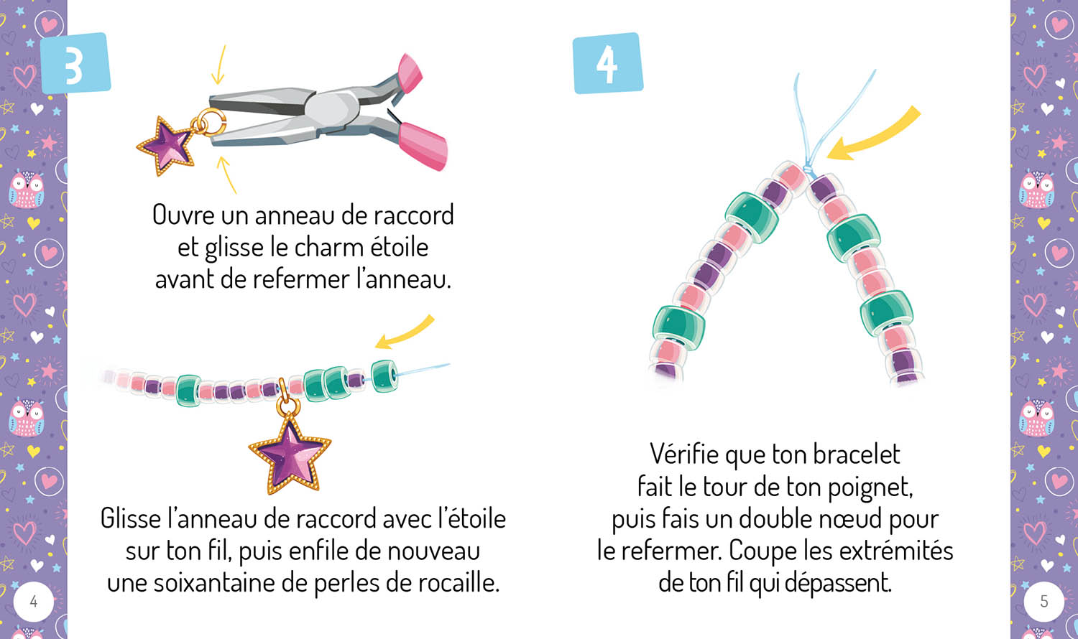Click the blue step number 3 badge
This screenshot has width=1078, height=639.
click(x=75, y=63)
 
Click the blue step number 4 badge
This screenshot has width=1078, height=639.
click(x=608, y=63)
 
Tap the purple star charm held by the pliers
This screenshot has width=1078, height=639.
click(x=166, y=145)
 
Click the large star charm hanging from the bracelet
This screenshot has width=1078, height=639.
click(x=290, y=455)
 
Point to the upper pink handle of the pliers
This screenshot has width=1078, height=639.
click(x=410, y=73)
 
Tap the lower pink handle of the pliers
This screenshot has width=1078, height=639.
click(x=423, y=146)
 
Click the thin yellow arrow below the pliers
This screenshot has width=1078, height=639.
click(x=226, y=174)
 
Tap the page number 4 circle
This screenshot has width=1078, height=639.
click(x=33, y=602)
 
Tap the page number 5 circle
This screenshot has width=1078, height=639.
click(x=1044, y=602)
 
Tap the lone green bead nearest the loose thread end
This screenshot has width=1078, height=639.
click(x=384, y=376)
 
